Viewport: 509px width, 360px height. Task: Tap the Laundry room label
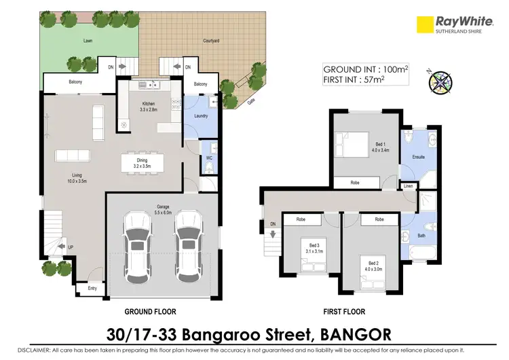click(x=200, y=115)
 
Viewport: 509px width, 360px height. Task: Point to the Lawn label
click(x=88, y=41)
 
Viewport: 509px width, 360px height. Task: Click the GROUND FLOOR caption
click(x=150, y=312)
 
